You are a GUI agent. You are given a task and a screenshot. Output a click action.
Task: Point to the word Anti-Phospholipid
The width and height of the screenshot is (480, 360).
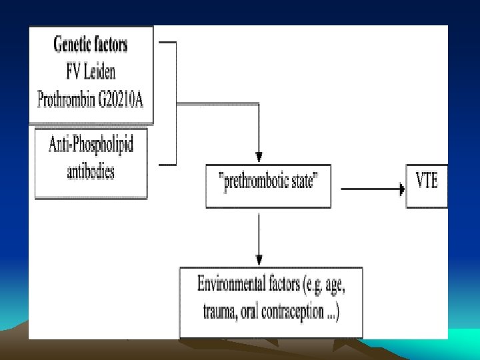pos(91,145)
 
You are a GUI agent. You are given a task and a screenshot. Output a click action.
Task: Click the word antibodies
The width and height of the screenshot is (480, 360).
pos(91,171)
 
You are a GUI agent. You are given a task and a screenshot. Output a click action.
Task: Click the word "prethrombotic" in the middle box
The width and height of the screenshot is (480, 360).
pos(253,181)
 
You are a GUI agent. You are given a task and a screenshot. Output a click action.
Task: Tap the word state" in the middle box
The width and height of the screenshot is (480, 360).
pos(313,181)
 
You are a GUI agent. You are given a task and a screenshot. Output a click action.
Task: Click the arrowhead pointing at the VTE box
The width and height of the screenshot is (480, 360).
pos(401,189)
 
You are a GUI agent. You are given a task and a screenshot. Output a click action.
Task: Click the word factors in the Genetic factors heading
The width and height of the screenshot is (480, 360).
pos(109,45)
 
